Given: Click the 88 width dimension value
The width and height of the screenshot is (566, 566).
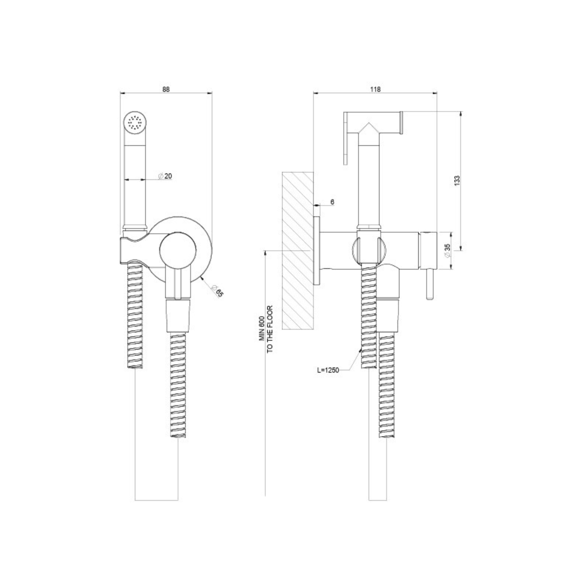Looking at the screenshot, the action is [x=166, y=89].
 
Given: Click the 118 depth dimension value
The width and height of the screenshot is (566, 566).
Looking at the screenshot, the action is [x=375, y=89].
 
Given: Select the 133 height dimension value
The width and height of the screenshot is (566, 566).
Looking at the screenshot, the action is [x=456, y=181].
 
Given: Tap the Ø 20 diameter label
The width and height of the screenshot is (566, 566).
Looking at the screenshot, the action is [x=165, y=176].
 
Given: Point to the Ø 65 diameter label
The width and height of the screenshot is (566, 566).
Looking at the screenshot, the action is [x=218, y=291].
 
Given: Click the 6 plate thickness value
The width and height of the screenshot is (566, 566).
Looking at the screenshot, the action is [x=332, y=202].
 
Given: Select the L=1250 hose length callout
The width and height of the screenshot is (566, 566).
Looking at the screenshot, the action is [x=328, y=370].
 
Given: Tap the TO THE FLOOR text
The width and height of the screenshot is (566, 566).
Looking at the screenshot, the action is [x=270, y=329].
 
